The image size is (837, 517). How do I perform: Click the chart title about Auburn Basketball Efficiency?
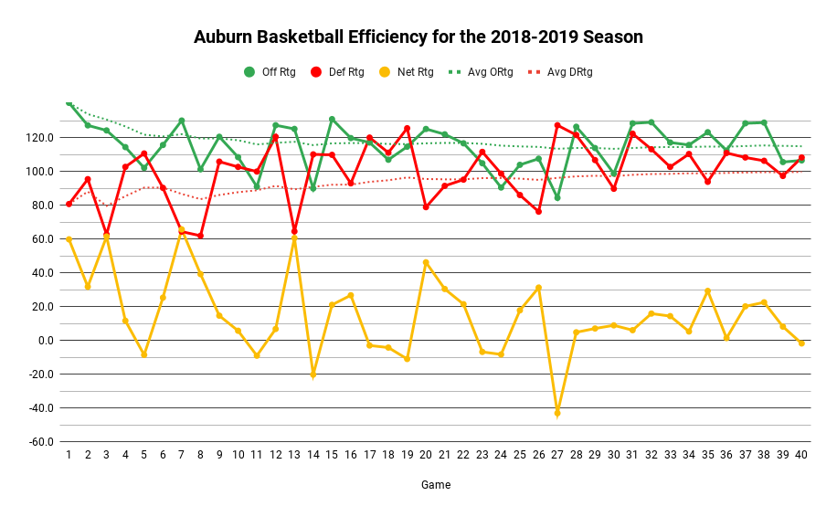pyautogui.click(x=418, y=37)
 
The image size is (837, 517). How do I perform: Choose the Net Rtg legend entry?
pyautogui.click(x=407, y=72)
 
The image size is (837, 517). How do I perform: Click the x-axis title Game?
pyautogui.click(x=435, y=485)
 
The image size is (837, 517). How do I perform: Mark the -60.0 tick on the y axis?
pyautogui.click(x=38, y=442)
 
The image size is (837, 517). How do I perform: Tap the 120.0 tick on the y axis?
pyautogui.click(x=38, y=138)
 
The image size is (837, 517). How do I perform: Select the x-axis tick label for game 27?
pyautogui.click(x=557, y=454)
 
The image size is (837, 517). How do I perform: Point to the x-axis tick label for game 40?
pyautogui.click(x=801, y=454)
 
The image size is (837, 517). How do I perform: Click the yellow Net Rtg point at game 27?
pyautogui.click(x=557, y=413)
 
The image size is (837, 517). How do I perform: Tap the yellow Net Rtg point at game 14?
pyautogui.click(x=313, y=375)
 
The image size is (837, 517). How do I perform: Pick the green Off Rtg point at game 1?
pyautogui.click(x=69, y=103)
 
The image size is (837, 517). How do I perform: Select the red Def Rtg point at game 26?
pyautogui.click(x=538, y=211)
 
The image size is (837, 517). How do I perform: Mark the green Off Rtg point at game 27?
pyautogui.click(x=557, y=197)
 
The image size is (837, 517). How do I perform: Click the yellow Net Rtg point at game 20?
pyautogui.click(x=426, y=262)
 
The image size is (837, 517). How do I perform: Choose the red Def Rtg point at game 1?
pyautogui.click(x=69, y=204)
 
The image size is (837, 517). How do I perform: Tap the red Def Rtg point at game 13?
pyautogui.click(x=294, y=231)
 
